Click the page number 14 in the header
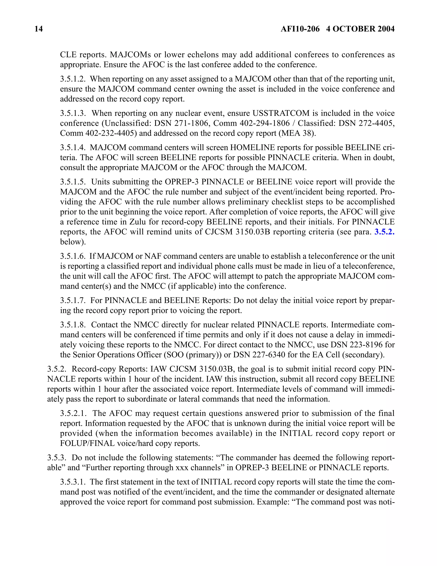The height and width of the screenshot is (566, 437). [38, 29]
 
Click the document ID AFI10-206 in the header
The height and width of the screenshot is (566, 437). [300, 29]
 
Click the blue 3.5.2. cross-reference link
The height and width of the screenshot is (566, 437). [384, 232]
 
